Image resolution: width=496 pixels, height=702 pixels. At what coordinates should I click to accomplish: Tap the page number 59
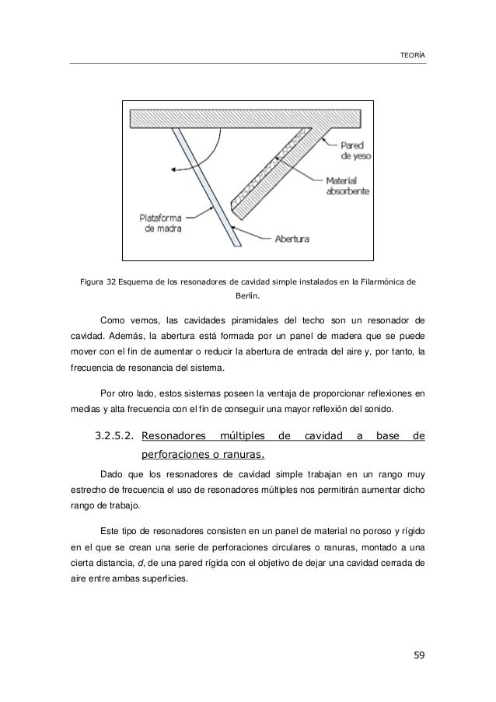tap(419, 661)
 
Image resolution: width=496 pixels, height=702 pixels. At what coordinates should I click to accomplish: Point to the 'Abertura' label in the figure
tap(292, 239)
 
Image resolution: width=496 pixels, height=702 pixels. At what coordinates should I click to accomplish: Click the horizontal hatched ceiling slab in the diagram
tap(246, 118)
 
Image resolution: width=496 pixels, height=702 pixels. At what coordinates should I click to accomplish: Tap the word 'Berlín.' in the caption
tap(247, 295)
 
